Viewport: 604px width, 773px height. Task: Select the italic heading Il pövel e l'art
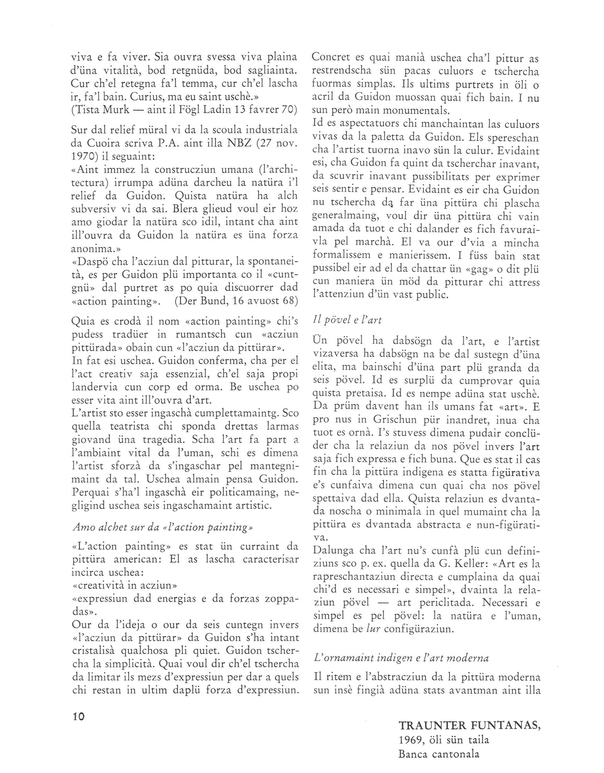[x=347, y=320]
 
